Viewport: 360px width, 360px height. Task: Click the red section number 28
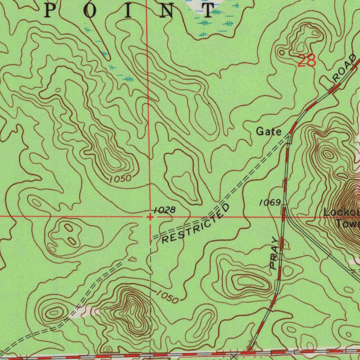point(307,61)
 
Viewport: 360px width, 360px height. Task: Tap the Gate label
point(269,132)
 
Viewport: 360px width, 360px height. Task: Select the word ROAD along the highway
point(344,69)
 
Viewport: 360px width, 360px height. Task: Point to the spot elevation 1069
point(270,202)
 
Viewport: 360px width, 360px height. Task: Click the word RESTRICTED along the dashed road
point(195,224)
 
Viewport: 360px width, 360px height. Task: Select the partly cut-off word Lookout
point(341,213)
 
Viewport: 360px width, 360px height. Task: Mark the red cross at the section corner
point(150,217)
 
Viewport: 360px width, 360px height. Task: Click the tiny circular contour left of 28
point(282,52)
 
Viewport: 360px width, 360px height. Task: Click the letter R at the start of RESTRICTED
point(165,240)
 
